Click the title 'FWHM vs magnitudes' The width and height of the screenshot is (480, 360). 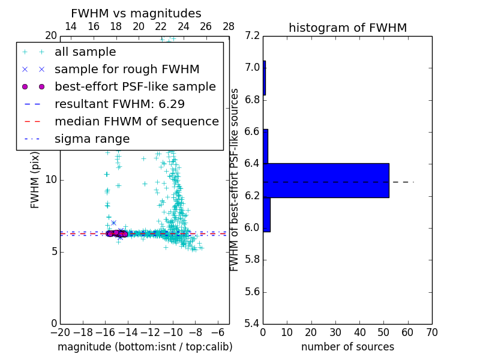click(x=136, y=13)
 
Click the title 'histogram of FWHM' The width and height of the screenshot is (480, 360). click(x=347, y=28)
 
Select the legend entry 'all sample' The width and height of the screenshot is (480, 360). click(x=85, y=52)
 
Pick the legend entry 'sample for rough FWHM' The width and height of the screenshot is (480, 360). click(x=127, y=69)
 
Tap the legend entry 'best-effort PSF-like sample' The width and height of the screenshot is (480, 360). click(x=135, y=86)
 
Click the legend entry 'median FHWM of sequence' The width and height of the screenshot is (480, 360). click(x=136, y=121)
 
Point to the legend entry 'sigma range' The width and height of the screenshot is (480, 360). click(x=92, y=139)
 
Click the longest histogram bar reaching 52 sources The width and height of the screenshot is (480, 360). click(x=326, y=180)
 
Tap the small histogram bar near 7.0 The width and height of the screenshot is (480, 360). click(x=264, y=77)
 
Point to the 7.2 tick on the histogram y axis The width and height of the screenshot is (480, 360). click(x=252, y=35)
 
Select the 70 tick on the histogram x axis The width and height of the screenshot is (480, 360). click(x=431, y=332)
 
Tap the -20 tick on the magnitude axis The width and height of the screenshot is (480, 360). click(x=60, y=332)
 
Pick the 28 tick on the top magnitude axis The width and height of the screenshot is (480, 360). click(x=229, y=26)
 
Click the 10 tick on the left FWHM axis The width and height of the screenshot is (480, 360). click(x=50, y=180)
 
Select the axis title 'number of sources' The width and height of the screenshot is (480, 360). click(x=347, y=347)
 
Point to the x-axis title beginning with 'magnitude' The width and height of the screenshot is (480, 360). click(x=145, y=347)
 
